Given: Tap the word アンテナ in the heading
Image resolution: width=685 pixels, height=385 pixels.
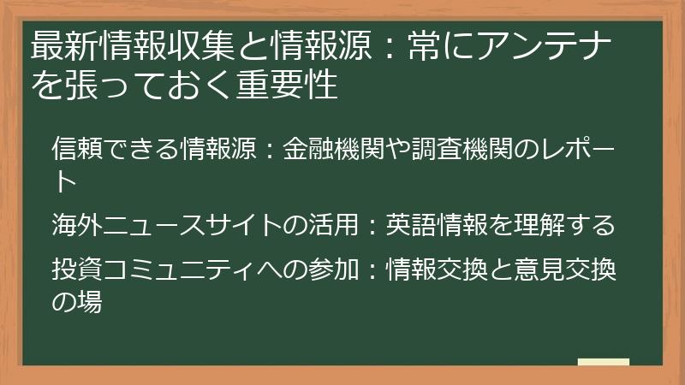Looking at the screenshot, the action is (x=545, y=46).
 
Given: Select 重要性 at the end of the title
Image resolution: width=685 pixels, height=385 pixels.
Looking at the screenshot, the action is (x=287, y=84).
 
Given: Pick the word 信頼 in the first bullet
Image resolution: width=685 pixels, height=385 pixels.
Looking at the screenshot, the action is (x=77, y=148).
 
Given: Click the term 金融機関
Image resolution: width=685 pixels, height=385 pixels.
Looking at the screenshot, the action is (x=333, y=148).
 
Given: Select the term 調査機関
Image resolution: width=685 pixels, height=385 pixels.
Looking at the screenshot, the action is (x=462, y=148).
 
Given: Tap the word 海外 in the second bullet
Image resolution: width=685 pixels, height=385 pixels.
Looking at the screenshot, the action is (x=77, y=225).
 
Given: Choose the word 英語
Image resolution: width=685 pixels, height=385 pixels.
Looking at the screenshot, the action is (x=411, y=225).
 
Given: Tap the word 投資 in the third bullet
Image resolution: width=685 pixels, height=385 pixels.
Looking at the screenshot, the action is (x=77, y=269).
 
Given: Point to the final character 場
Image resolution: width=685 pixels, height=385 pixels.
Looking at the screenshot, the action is (x=90, y=302).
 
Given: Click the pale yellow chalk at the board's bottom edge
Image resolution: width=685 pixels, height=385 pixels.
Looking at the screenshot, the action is (x=604, y=362).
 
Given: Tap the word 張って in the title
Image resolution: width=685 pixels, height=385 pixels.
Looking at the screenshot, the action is (x=104, y=84).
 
